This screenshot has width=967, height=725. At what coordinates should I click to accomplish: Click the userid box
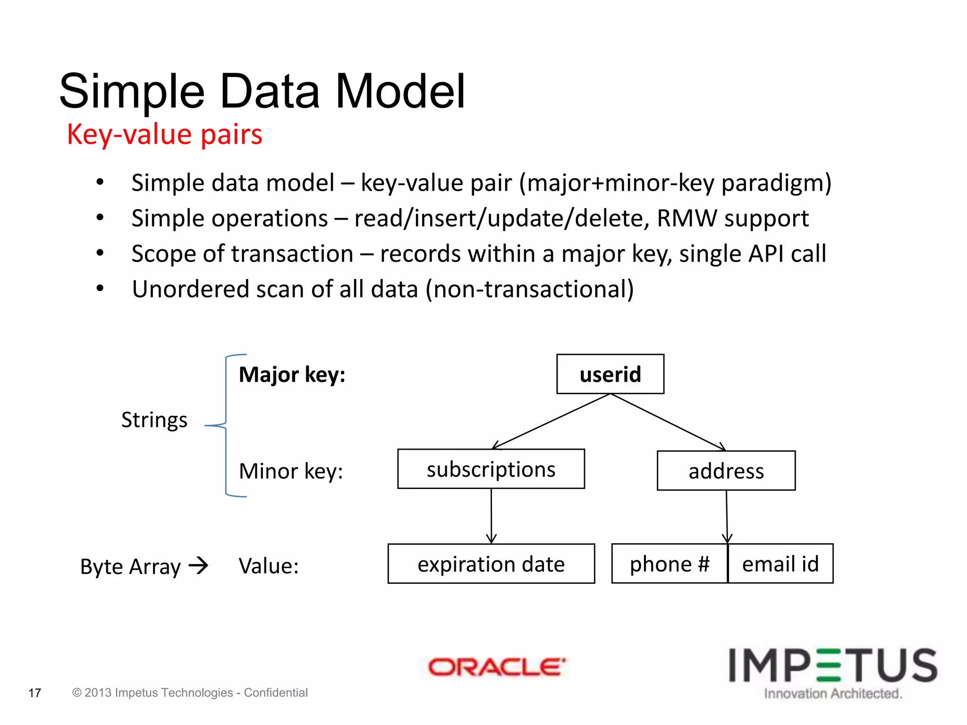click(x=610, y=374)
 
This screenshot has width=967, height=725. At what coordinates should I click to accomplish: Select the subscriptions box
click(x=491, y=469)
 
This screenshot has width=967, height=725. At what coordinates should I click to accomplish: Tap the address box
click(x=726, y=471)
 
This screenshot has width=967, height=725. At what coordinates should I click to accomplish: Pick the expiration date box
click(x=491, y=564)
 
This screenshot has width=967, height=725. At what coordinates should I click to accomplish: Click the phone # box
click(x=669, y=564)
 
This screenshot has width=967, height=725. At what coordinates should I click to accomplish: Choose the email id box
click(x=780, y=564)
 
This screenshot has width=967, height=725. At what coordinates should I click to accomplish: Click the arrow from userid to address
click(x=668, y=422)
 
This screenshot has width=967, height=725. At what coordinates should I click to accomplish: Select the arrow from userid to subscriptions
click(x=551, y=421)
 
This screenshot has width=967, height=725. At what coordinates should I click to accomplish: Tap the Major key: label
click(x=292, y=374)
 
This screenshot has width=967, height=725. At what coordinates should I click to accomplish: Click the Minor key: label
click(x=291, y=471)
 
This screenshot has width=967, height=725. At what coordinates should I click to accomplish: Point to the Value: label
click(x=269, y=565)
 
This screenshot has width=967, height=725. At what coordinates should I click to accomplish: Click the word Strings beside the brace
click(x=154, y=420)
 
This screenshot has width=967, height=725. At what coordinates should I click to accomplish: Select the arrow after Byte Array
click(x=198, y=565)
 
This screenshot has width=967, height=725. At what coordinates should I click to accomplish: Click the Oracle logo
click(x=496, y=667)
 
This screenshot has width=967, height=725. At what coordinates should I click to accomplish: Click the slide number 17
click(x=34, y=693)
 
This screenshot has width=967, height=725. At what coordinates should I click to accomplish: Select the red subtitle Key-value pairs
click(x=164, y=134)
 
